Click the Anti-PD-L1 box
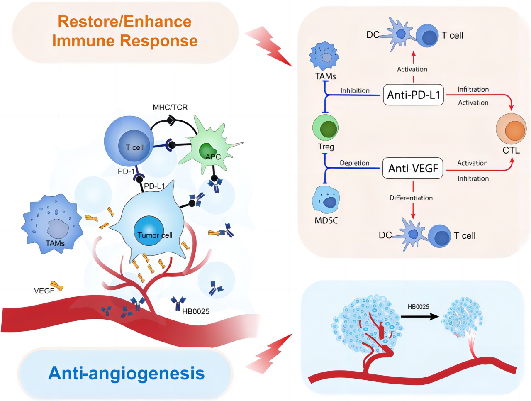[x=413, y=95]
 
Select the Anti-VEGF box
[x=413, y=168]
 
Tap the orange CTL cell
[x=511, y=129]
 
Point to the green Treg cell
[x=325, y=127]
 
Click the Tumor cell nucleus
[x=149, y=231]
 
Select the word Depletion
[x=354, y=163]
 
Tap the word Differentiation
[x=411, y=198]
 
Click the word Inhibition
[x=355, y=90]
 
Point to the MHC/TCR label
[x=170, y=107]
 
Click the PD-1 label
[x=126, y=171]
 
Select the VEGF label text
[x=44, y=291]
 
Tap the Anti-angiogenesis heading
[x=126, y=373]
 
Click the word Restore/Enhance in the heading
[x=124, y=21]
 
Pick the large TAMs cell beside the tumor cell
[x=52, y=224]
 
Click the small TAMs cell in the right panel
[x=324, y=57]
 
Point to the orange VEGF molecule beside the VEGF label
[x=57, y=286]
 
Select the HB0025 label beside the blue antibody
[x=195, y=311]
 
